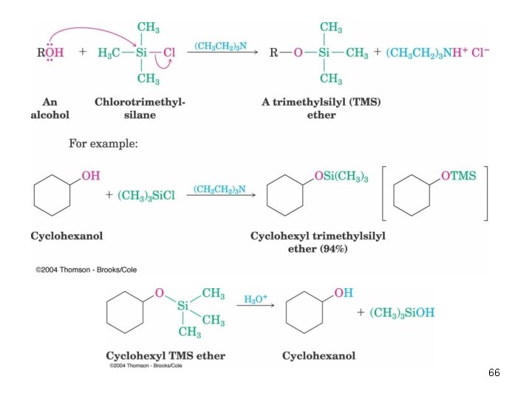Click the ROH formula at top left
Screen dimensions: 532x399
[x=50, y=52]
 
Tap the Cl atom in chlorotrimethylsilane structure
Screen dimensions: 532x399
[x=169, y=52]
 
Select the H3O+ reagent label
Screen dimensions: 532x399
[x=256, y=299]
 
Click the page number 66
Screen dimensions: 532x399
[x=494, y=372]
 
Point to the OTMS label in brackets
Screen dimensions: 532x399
[x=458, y=176]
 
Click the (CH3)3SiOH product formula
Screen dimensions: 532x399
[x=402, y=313]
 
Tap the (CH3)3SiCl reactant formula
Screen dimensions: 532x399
[x=146, y=195]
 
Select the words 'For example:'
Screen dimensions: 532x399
[x=103, y=143]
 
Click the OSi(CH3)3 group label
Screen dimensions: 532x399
[x=341, y=177]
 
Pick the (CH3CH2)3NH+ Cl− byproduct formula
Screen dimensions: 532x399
[x=437, y=52]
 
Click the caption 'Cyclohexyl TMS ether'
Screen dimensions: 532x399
[x=166, y=355]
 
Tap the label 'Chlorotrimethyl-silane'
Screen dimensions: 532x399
[x=140, y=108]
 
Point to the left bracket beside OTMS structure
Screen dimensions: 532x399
[x=383, y=194]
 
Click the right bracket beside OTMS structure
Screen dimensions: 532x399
[x=486, y=194]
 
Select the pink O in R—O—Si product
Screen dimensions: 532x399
[x=298, y=52]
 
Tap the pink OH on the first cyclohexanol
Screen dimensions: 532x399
[x=91, y=176]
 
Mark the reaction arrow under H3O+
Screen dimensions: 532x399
[x=256, y=305]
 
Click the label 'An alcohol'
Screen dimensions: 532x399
[x=50, y=108]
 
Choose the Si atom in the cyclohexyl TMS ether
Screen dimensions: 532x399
[x=183, y=306]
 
